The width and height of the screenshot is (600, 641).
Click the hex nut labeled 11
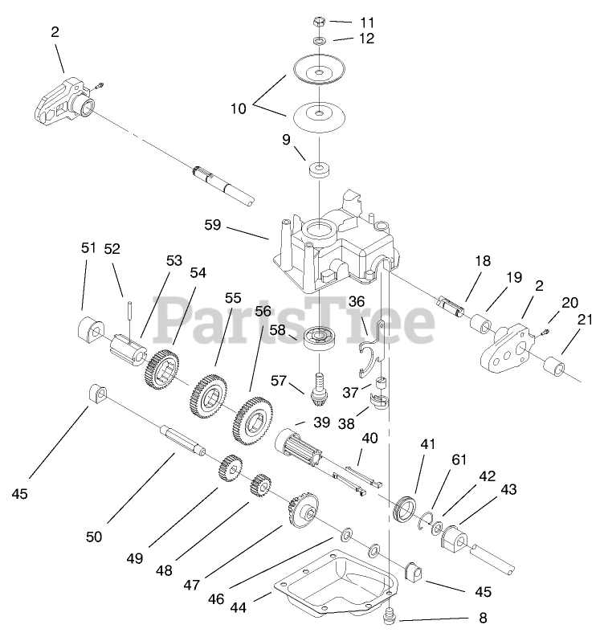tap(319, 20)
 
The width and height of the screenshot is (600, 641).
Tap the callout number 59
tap(212, 226)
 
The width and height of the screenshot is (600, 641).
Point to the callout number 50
tap(94, 537)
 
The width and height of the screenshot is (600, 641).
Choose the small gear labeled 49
tap(231, 468)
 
